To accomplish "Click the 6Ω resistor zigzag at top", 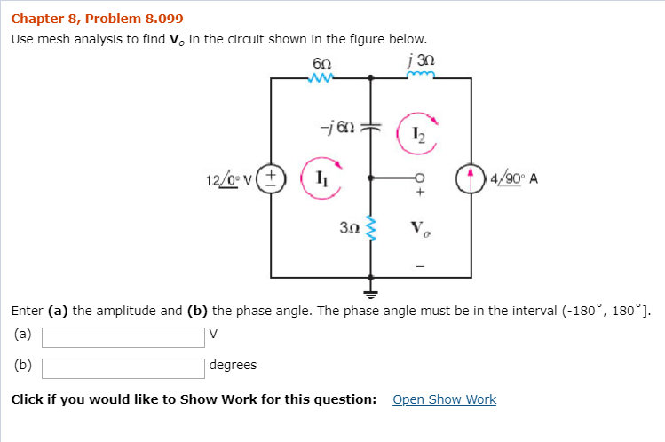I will (321, 78).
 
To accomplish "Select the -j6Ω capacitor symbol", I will (371, 127).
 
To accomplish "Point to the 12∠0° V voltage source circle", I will (272, 178).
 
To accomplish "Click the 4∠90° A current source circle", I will (470, 178).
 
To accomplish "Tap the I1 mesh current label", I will (316, 178).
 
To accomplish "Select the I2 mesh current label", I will (418, 133).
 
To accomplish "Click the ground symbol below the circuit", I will (371, 288).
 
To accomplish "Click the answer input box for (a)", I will (123, 337).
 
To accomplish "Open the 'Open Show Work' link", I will (444, 399).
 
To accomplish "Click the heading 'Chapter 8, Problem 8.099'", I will (97, 18).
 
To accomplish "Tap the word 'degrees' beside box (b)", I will (233, 365).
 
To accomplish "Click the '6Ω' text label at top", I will (322, 61).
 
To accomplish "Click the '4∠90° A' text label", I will (513, 178).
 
